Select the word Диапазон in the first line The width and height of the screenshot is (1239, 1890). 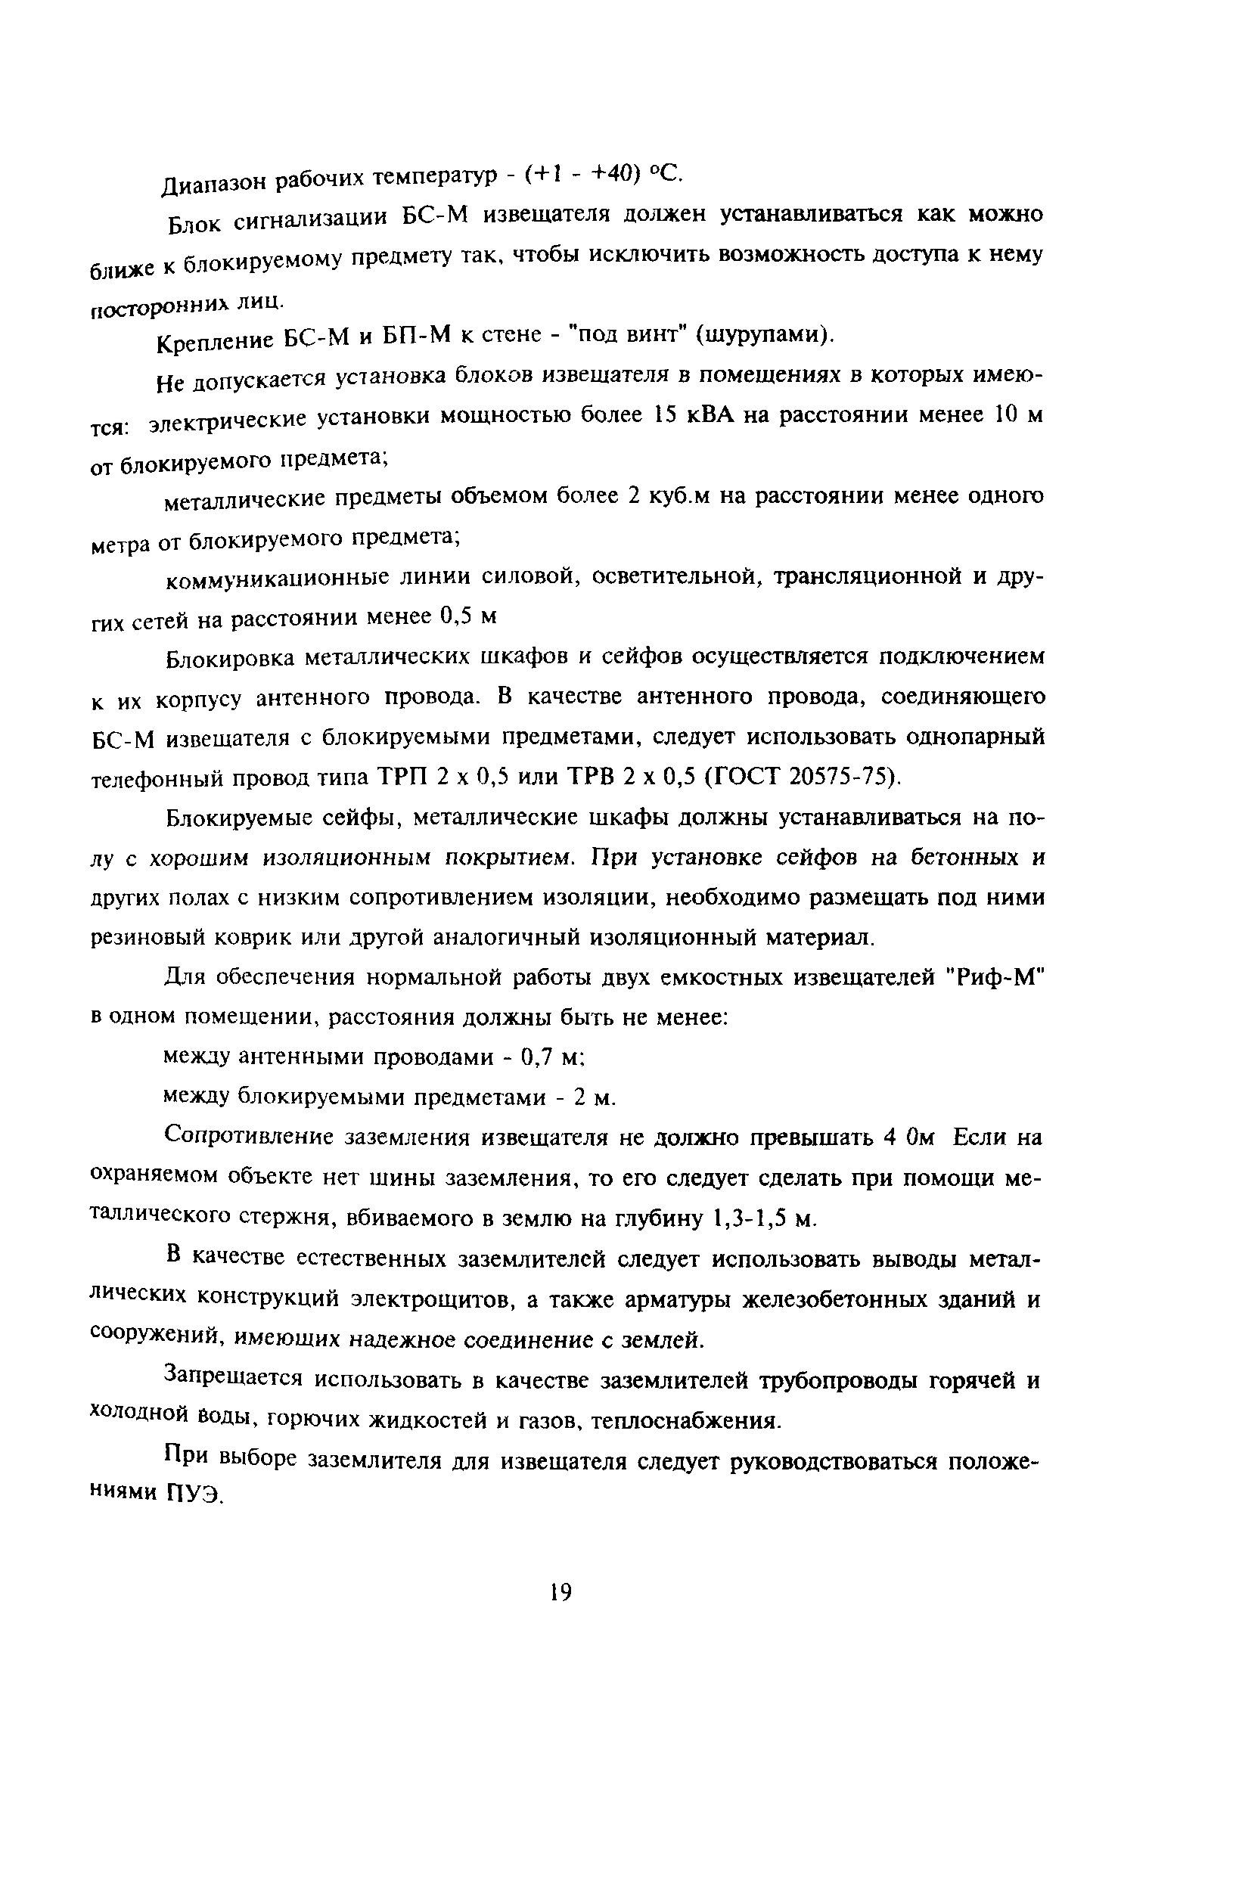pyautogui.click(x=212, y=185)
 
